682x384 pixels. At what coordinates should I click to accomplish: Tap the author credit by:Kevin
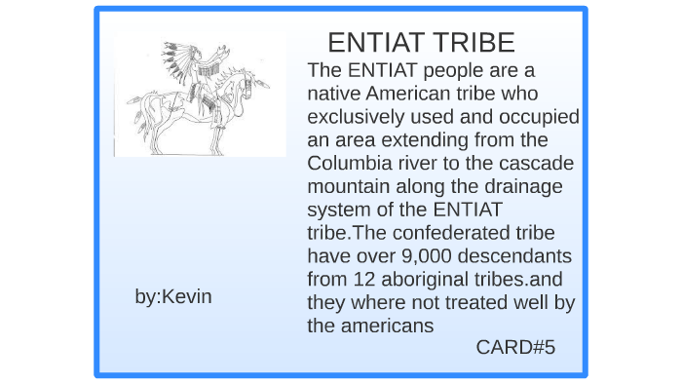[172, 296]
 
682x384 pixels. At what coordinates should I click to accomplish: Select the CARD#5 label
[515, 347]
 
